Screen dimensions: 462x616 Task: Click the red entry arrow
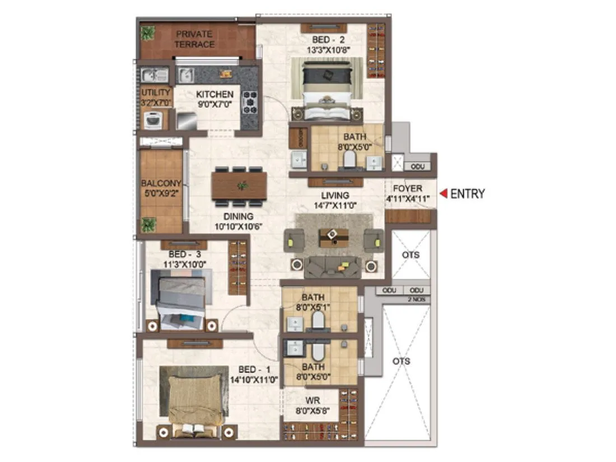pyautogui.click(x=442, y=194)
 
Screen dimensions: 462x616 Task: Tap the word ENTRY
pyautogui.click(x=467, y=194)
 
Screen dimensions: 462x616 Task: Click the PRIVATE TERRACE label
pyautogui.click(x=194, y=39)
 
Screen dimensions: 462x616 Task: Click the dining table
pyautogui.click(x=239, y=185)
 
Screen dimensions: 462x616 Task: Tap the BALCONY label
pyautogui.click(x=161, y=183)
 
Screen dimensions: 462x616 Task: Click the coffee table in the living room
pyautogui.click(x=333, y=237)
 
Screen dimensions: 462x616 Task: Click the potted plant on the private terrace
pyautogui.click(x=148, y=33)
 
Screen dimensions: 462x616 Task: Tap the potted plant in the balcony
pyautogui.click(x=148, y=225)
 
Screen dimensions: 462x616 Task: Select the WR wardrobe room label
pyautogui.click(x=311, y=401)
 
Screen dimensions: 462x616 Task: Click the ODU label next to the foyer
pyautogui.click(x=417, y=167)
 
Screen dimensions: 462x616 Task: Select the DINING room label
pyautogui.click(x=239, y=216)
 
